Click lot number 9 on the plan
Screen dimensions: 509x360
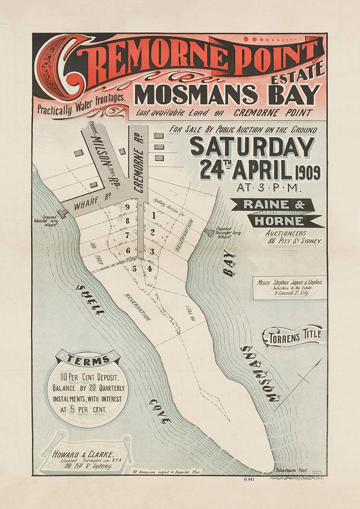(x=127, y=207)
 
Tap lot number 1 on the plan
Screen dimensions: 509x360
(x=153, y=215)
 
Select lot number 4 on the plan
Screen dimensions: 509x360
(x=149, y=268)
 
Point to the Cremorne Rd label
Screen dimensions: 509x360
(x=139, y=161)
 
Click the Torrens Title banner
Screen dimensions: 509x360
(x=293, y=336)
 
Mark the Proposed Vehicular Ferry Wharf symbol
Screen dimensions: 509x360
(x=62, y=213)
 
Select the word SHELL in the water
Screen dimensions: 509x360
(x=91, y=299)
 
